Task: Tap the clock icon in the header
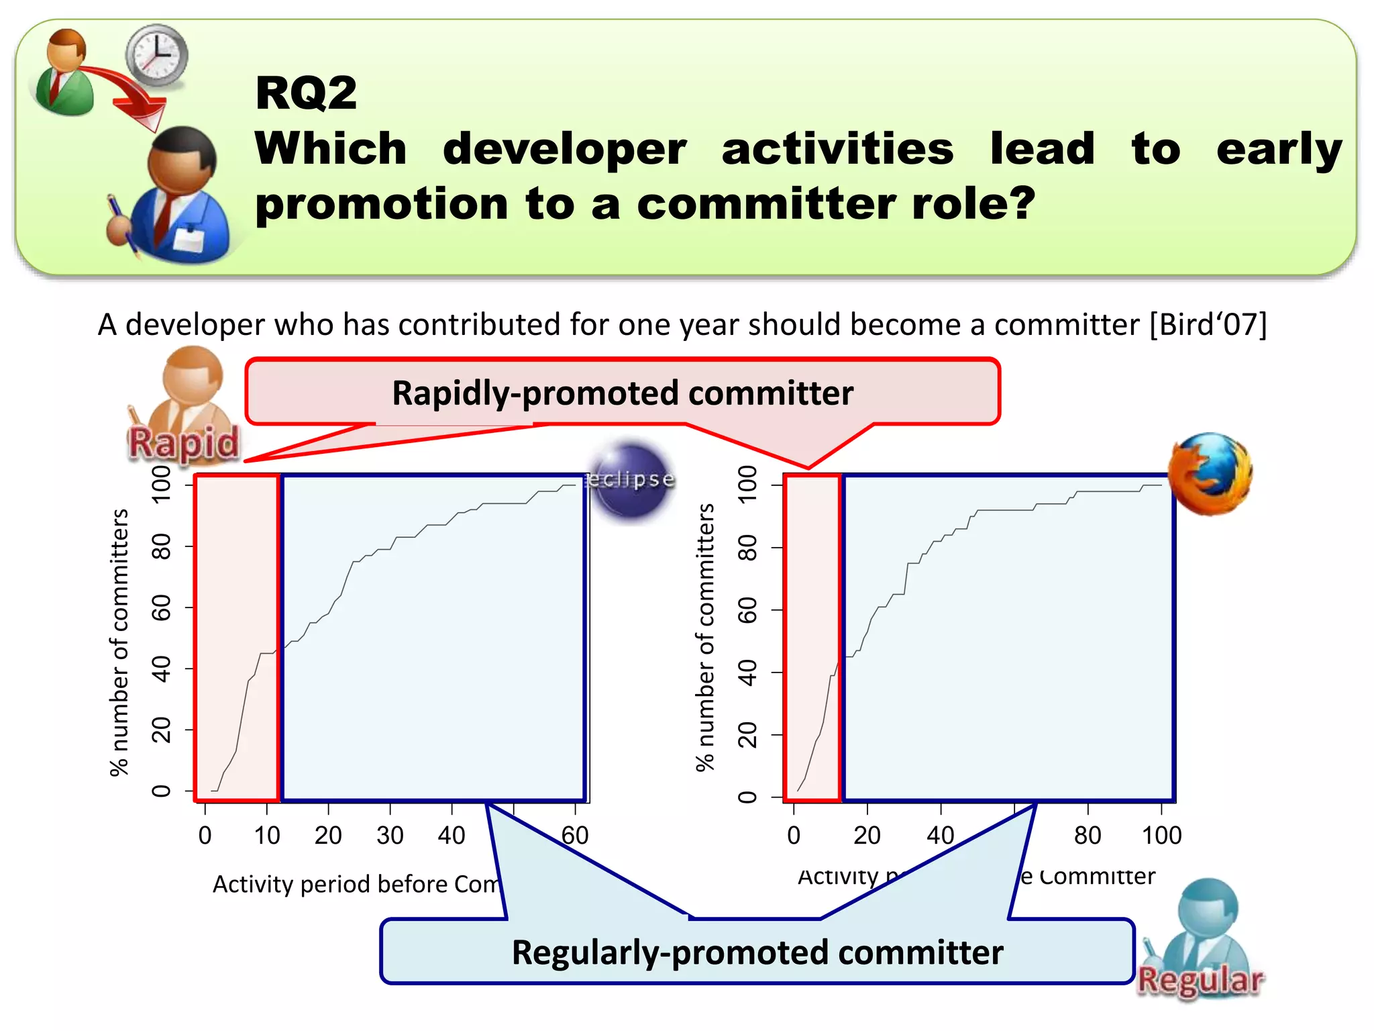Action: (157, 55)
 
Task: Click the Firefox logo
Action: (1210, 474)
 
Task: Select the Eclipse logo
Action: (631, 480)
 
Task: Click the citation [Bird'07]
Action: (1208, 325)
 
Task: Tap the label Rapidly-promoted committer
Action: (623, 393)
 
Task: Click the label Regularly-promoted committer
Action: (757, 952)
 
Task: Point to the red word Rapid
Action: (184, 443)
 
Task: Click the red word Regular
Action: (1200, 980)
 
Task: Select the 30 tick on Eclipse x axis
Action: (390, 836)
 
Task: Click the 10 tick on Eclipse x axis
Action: (266, 836)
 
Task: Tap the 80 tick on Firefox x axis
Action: (1088, 836)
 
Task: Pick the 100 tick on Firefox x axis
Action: (1161, 836)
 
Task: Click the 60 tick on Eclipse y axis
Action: (162, 607)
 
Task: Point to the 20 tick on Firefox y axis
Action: (747, 735)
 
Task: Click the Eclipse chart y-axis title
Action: (119, 642)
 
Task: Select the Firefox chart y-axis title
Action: (705, 638)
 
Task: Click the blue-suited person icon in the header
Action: (178, 198)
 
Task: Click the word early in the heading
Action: (1279, 149)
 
